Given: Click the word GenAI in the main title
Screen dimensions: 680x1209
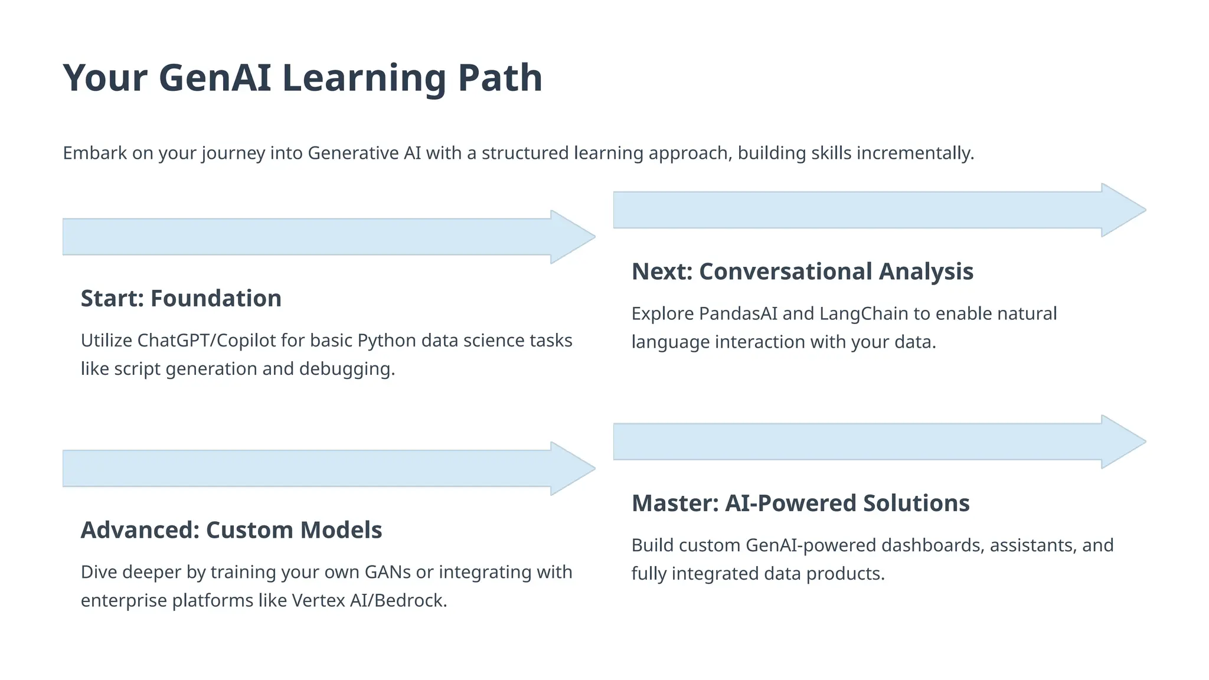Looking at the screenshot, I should click(x=215, y=79).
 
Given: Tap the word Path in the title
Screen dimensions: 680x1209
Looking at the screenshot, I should click(x=499, y=79).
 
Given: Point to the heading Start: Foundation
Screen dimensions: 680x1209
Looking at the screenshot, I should click(x=181, y=299).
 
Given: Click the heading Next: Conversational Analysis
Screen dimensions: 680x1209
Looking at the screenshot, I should click(x=802, y=272).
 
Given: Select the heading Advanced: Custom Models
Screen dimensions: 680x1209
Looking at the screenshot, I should click(x=231, y=530).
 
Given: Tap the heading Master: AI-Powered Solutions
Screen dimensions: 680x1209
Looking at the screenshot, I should click(x=800, y=504).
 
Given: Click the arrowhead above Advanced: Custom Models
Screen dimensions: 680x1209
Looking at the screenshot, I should click(x=573, y=469).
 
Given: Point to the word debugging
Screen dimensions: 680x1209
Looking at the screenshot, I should click(x=347, y=369).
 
